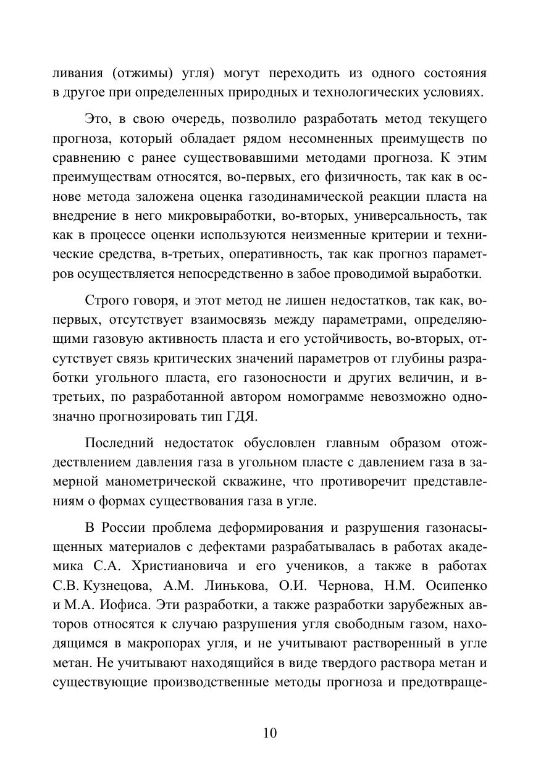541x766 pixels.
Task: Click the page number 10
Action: point(270,733)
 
